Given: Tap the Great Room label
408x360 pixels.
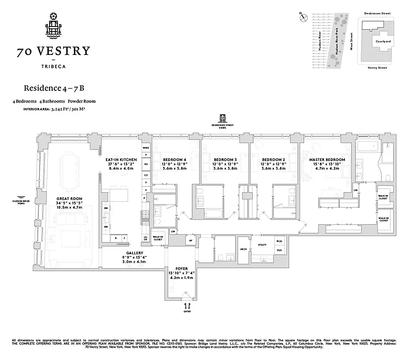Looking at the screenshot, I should [68, 198].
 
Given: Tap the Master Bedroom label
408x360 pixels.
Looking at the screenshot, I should [327, 160].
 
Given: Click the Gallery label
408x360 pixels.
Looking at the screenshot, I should [135, 253].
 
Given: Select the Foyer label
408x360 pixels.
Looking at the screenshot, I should [181, 269].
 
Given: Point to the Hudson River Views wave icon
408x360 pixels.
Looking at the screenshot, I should [20, 197].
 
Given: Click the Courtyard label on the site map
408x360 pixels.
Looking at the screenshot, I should [383, 41].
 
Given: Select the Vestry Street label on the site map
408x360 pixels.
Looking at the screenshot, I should [377, 67].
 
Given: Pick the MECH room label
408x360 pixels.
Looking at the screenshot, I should [243, 249].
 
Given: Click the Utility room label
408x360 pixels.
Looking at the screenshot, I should [262, 245].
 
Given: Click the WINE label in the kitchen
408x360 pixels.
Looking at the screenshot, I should [145, 148].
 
